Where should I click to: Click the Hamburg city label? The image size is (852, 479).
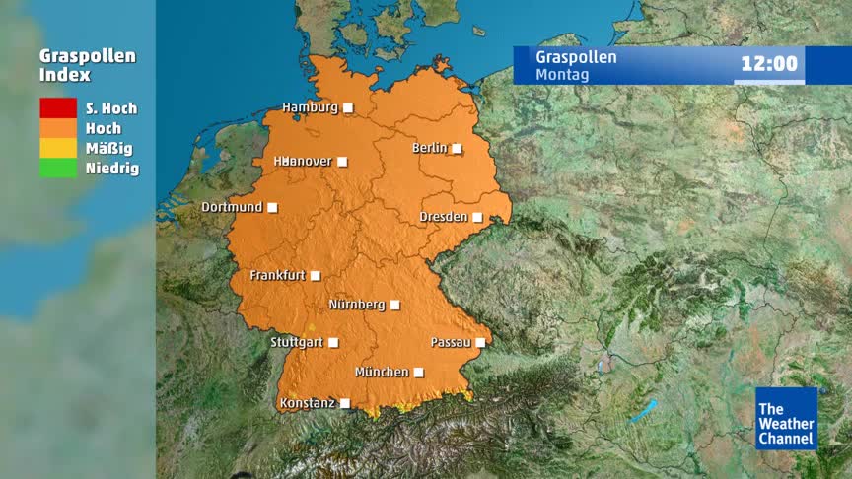(310, 107)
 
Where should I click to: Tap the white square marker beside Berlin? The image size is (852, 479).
(457, 149)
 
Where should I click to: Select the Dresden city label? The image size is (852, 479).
(443, 217)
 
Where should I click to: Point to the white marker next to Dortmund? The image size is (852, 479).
(272, 207)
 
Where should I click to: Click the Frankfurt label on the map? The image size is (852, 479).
(277, 276)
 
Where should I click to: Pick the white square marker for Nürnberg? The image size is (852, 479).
(394, 306)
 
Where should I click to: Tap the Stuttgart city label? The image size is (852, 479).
(297, 343)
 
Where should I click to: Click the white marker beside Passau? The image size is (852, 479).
(480, 343)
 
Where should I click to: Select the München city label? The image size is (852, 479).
(382, 373)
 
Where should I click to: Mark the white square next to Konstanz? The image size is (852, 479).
(344, 403)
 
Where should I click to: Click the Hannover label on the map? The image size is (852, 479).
(303, 161)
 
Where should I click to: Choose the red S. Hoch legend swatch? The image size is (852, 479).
(58, 108)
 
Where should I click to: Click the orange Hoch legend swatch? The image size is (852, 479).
(58, 128)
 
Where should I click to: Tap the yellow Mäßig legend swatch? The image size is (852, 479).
(58, 148)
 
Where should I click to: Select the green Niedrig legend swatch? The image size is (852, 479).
(58, 168)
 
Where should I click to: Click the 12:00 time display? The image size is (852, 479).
(769, 65)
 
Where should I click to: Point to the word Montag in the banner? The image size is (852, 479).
(562, 74)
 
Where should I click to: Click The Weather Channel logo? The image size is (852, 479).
(786, 418)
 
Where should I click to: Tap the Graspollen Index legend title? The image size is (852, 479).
(88, 65)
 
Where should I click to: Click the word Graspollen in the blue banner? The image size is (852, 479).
(576, 57)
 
